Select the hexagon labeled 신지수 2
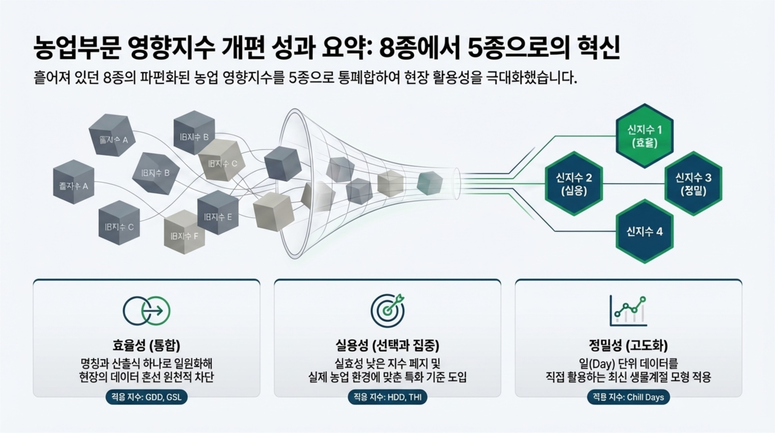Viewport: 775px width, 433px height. point(574,183)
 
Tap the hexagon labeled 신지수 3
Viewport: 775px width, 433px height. point(693,183)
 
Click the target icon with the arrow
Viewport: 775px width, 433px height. point(387,310)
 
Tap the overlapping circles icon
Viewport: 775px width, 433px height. point(147,311)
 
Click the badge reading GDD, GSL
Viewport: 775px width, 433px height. point(147,397)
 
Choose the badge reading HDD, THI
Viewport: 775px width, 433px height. point(387,397)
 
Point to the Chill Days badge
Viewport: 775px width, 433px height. point(628,397)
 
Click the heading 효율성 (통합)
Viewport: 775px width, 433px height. point(147,345)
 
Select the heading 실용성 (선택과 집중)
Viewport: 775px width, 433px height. point(387,345)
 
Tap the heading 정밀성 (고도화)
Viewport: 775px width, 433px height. point(628,345)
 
